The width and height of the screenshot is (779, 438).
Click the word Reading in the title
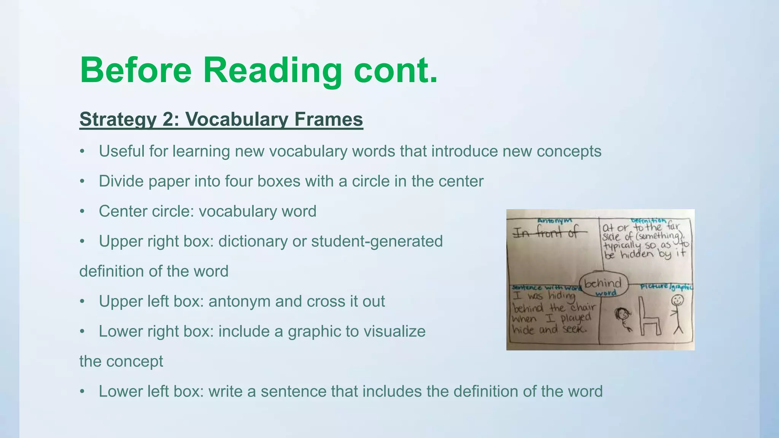[x=272, y=70]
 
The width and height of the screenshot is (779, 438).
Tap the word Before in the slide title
[x=136, y=70]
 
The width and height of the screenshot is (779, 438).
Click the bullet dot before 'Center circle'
[x=82, y=212]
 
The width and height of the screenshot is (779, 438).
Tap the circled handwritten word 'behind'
[x=603, y=283]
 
